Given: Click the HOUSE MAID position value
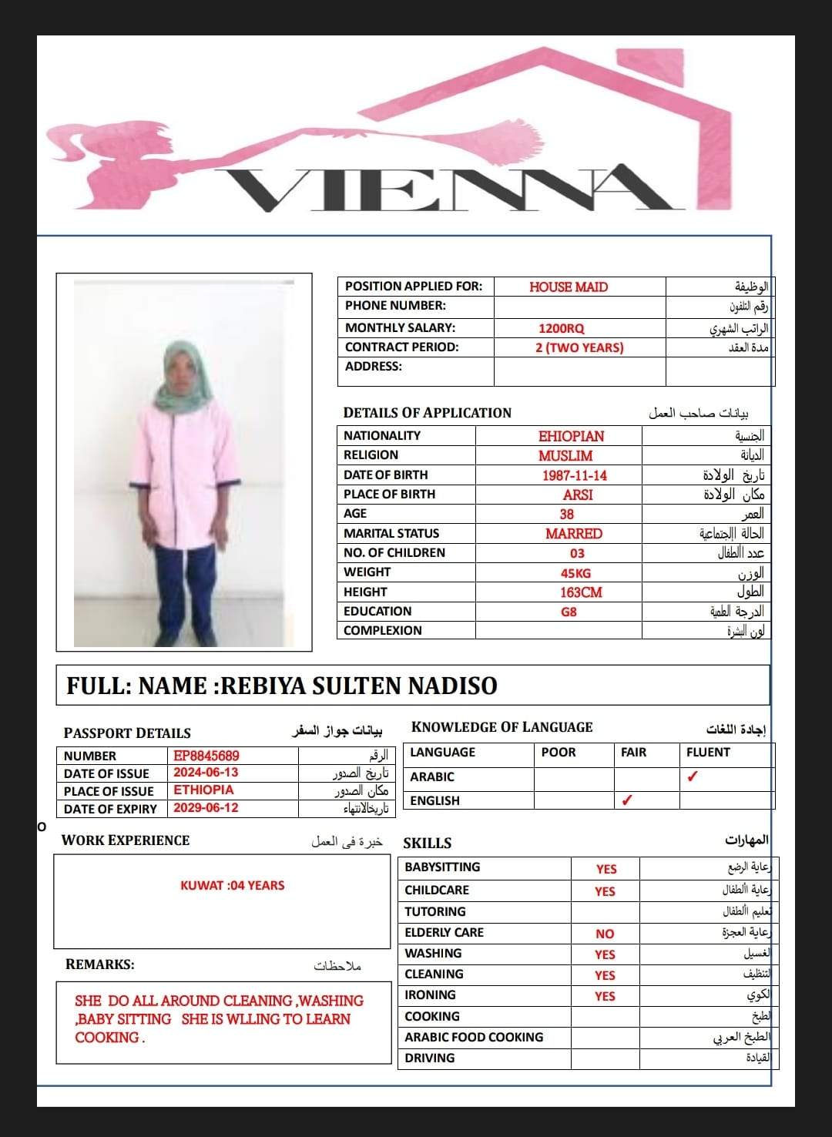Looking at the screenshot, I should click(x=569, y=287).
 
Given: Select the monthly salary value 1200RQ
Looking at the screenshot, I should click(x=561, y=328).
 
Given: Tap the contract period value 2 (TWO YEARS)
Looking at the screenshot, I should click(x=579, y=347).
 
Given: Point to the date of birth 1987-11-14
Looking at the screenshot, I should click(x=574, y=475).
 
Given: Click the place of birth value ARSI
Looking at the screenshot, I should click(x=578, y=495).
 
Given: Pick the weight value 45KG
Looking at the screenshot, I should click(x=575, y=573).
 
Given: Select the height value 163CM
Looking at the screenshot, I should click(x=581, y=592).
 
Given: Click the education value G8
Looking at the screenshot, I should click(x=569, y=612).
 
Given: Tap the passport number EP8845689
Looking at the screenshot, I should click(x=206, y=756).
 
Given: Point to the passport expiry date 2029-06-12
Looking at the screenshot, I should click(x=206, y=808).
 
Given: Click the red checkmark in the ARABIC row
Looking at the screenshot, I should click(x=692, y=776).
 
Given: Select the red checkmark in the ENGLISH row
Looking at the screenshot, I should click(x=627, y=800).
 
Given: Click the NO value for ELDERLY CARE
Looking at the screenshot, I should click(x=605, y=934).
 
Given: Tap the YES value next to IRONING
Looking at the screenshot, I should click(x=605, y=996).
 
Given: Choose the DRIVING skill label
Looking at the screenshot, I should click(x=430, y=1058).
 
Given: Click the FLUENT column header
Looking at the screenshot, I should click(x=708, y=753).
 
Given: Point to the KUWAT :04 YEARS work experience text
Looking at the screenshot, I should click(x=233, y=886).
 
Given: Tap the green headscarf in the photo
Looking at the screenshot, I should click(x=181, y=385).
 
